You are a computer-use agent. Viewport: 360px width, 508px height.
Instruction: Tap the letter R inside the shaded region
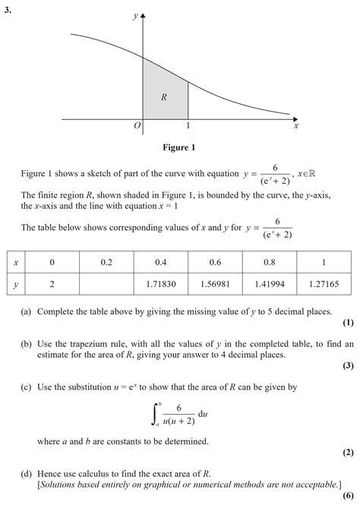(x=164, y=96)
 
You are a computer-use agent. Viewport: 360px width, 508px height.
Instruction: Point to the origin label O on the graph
(x=137, y=126)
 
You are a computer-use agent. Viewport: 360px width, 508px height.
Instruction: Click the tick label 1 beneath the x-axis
(x=188, y=126)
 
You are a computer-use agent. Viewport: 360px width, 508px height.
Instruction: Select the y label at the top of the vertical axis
(x=135, y=14)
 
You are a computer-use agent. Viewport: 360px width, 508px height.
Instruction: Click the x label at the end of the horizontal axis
(x=295, y=126)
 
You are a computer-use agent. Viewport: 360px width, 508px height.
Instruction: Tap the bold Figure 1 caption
(x=179, y=147)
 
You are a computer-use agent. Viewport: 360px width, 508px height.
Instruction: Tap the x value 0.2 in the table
(x=106, y=262)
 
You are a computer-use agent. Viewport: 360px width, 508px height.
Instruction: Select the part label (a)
(x=27, y=311)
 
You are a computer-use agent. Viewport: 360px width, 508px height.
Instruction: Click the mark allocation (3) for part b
(x=348, y=365)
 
